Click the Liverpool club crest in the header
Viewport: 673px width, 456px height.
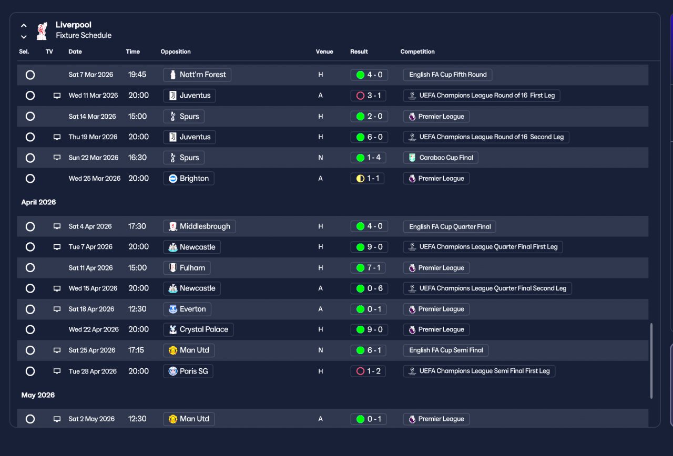[x=42, y=30]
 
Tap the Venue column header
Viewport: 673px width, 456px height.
[x=324, y=51]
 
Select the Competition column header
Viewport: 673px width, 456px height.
[x=417, y=51]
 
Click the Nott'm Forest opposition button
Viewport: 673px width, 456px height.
[x=197, y=75]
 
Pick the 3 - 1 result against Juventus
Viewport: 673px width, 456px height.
[x=369, y=96]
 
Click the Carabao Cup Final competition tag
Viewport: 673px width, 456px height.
[x=441, y=158]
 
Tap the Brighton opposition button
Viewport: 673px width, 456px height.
[x=189, y=178]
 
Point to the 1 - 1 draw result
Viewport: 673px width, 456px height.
[x=368, y=178]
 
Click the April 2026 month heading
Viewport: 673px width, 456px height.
[x=38, y=202]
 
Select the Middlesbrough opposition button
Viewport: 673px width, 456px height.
[x=199, y=226]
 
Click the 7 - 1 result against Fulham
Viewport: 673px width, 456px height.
[x=368, y=268]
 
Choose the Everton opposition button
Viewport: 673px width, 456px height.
[x=187, y=309]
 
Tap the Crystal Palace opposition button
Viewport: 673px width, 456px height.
[x=198, y=329]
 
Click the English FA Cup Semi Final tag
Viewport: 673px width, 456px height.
[x=445, y=350]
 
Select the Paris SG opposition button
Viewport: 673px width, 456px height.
[x=188, y=371]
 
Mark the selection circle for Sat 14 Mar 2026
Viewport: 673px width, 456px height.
[x=30, y=117]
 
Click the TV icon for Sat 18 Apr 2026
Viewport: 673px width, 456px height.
[x=57, y=309]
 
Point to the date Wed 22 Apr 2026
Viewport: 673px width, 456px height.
[x=94, y=329]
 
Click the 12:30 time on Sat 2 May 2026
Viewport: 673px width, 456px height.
[x=137, y=419]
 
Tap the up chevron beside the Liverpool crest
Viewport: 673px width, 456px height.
[x=24, y=26]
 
